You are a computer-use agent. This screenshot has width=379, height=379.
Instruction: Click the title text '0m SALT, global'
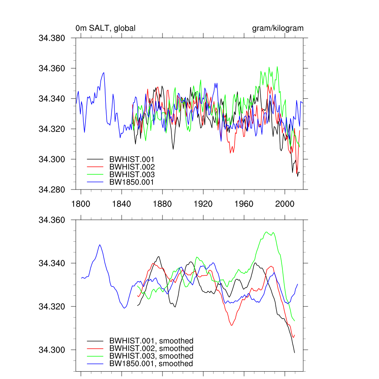[x=105, y=28]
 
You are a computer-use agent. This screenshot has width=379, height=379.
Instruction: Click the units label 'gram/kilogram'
[x=278, y=28]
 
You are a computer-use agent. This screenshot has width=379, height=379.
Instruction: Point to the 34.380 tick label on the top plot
[x=51, y=38]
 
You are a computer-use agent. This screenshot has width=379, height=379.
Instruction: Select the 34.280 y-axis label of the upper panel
[x=51, y=190]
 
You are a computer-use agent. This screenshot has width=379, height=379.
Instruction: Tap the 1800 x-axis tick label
[x=81, y=204]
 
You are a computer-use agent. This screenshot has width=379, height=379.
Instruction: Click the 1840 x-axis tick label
[x=121, y=204]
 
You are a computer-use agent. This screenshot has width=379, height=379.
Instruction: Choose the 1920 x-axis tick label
[x=203, y=204]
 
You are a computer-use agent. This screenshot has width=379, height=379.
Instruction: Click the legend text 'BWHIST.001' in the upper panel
[x=132, y=159]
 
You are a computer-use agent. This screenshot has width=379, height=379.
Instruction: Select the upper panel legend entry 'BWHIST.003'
[x=132, y=174]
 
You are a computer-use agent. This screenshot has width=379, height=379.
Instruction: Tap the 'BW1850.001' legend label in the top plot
[x=131, y=182]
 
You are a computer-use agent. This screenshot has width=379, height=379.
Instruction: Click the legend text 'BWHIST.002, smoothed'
[x=151, y=348]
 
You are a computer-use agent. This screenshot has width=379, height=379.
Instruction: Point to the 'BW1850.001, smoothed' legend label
[x=151, y=364]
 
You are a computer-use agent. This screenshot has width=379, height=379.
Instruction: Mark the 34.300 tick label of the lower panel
[x=51, y=350]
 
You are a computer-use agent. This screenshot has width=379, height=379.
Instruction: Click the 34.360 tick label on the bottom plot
[x=51, y=220]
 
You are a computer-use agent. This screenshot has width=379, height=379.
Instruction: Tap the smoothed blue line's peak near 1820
[x=100, y=245]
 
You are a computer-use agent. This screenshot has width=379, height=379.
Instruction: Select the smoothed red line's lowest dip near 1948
[x=232, y=325]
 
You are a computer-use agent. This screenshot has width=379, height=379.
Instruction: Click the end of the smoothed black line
[x=295, y=352]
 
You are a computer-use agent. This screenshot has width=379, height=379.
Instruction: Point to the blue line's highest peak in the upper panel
[x=104, y=73]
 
